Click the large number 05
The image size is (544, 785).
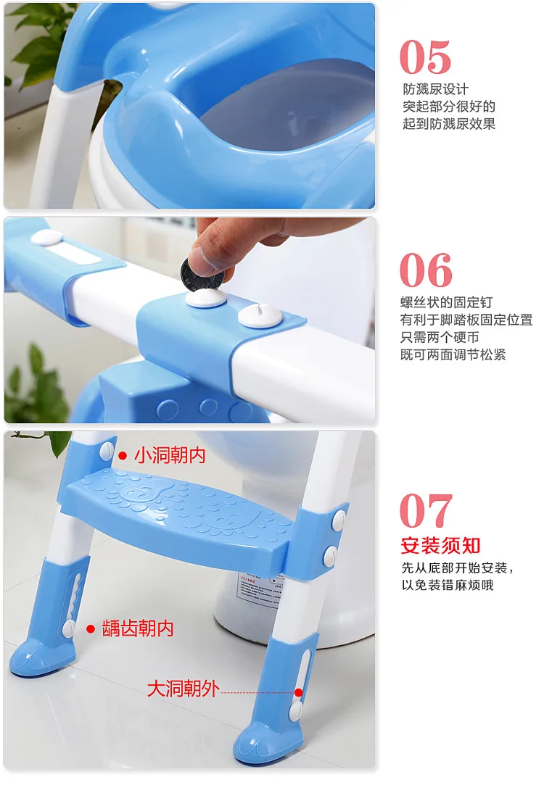[x=425, y=57]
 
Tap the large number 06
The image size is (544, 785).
[x=426, y=270]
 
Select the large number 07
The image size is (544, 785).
[x=426, y=511]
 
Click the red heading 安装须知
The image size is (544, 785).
[x=441, y=546]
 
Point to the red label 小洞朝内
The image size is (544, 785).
[x=170, y=455]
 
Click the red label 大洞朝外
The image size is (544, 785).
[x=183, y=689]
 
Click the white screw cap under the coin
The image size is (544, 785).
[x=206, y=299]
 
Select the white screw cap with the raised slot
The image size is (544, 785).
[x=260, y=316]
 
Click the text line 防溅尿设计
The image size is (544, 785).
[x=435, y=89]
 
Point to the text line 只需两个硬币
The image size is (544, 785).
[x=440, y=337]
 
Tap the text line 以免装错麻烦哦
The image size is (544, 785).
[x=448, y=585]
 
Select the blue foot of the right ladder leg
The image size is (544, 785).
[x=267, y=741]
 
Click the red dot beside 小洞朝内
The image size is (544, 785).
[x=123, y=456]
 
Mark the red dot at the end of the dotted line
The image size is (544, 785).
[x=299, y=692]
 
